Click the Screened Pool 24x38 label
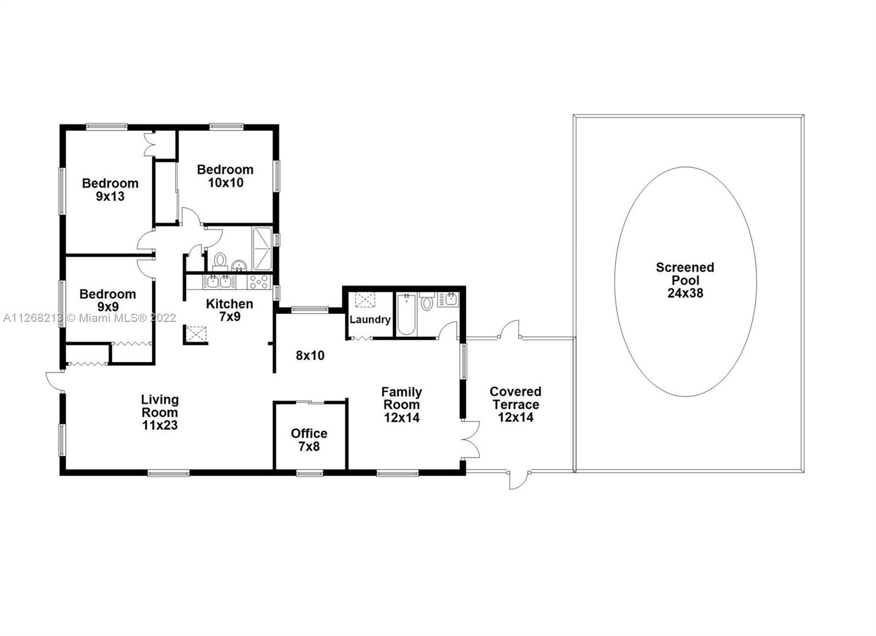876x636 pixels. [685, 280]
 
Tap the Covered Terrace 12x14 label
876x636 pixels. [515, 404]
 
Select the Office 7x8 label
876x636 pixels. [309, 440]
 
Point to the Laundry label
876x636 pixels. [370, 320]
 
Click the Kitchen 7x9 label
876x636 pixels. [229, 310]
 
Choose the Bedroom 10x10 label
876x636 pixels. [225, 176]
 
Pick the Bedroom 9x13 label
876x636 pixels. [110, 189]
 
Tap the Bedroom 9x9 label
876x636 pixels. [107, 300]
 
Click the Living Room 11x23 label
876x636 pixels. [160, 412]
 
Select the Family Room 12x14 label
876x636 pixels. [402, 404]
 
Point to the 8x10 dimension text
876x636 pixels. [310, 355]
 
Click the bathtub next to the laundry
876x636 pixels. [406, 314]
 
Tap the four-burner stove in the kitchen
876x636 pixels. [259, 282]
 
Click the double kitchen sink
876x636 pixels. [219, 282]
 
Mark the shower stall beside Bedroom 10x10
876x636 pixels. [262, 248]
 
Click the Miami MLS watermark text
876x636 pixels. [90, 318]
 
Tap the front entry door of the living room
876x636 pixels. [55, 381]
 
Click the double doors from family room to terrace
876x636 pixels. [470, 439]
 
